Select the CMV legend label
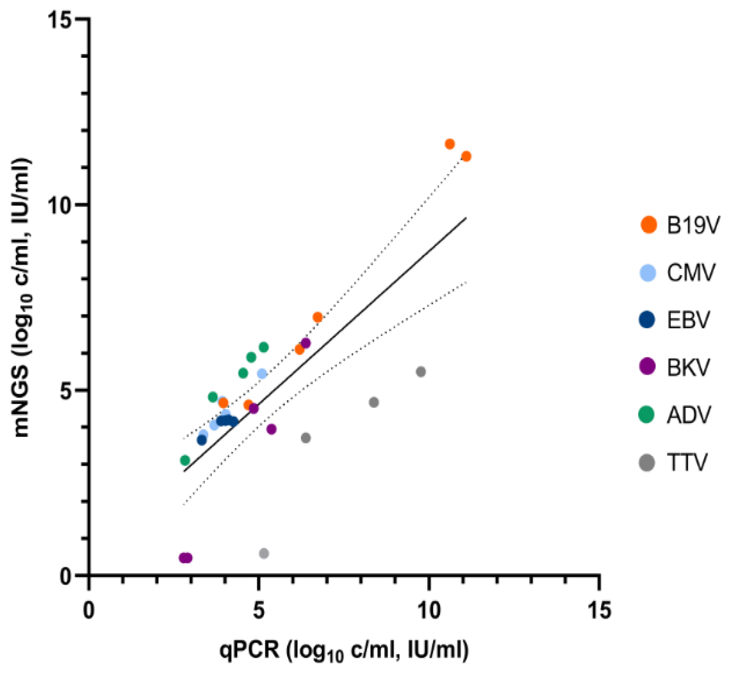tap(691, 273)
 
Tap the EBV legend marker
tap(648, 320)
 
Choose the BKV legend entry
tap(677, 368)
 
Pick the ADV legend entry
tap(677, 415)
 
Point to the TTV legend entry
tap(677, 463)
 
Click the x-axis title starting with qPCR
tap(344, 650)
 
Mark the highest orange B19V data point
tap(450, 144)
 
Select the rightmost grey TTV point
tap(421, 372)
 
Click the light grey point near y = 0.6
tap(264, 553)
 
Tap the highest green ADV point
tap(264, 347)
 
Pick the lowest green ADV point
tap(185, 460)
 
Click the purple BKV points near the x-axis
tap(185, 558)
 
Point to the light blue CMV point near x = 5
tap(262, 373)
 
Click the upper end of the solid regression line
tap(466, 217)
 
